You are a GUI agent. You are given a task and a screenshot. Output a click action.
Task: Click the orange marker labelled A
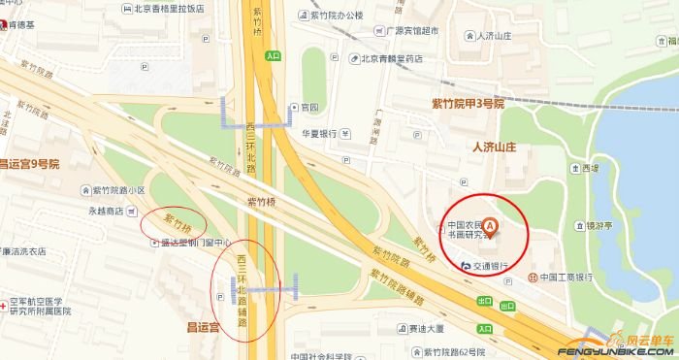click(x=490, y=228)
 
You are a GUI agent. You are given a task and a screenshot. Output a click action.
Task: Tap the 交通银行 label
click(x=492, y=264)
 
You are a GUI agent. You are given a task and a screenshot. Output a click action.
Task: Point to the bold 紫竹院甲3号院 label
click(x=469, y=102)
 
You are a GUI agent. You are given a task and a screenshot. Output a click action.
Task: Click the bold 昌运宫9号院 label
click(x=29, y=164)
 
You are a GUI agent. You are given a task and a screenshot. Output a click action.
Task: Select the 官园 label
click(x=309, y=107)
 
